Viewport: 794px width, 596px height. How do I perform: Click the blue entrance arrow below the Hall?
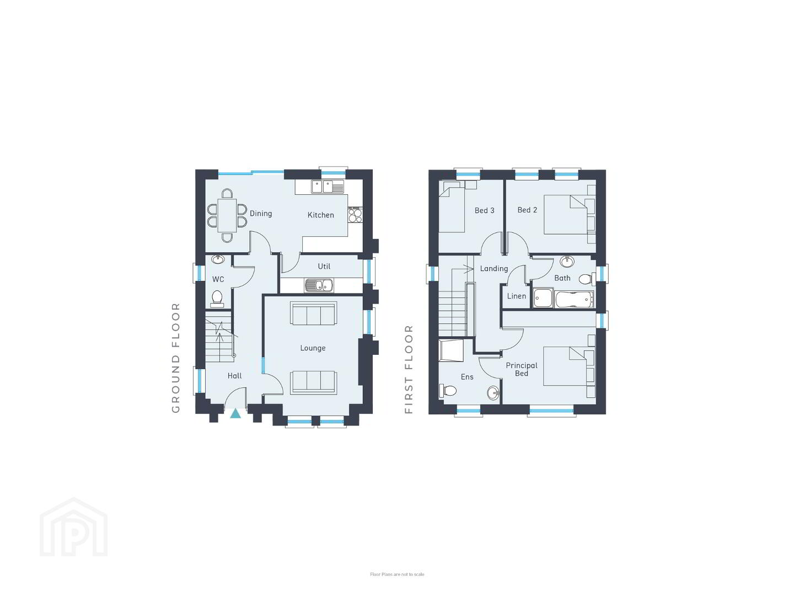pos(235,413)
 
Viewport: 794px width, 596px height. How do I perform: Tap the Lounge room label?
pos(313,348)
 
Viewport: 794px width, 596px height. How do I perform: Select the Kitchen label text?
pos(320,215)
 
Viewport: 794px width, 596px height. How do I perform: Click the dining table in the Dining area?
pos(227,215)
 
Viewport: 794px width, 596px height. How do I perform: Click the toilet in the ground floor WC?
pos(217,298)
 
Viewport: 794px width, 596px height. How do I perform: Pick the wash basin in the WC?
pos(218,259)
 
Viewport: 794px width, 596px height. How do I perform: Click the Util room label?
pos(324,267)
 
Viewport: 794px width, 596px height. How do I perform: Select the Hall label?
pos(235,376)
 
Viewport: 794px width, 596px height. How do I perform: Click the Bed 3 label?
pos(484,210)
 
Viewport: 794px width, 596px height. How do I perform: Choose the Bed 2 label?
pos(527,210)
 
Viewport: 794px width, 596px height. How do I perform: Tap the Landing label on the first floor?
pos(493,269)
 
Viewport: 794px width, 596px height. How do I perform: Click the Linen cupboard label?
pos(517,296)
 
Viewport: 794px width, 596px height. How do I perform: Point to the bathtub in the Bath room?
pos(574,299)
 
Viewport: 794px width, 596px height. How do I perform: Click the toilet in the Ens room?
pos(448,391)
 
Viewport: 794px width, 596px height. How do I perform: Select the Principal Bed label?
pos(521,370)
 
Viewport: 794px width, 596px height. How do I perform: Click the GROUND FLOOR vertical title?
pos(175,358)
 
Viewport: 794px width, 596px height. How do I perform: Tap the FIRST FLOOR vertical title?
pos(409,369)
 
